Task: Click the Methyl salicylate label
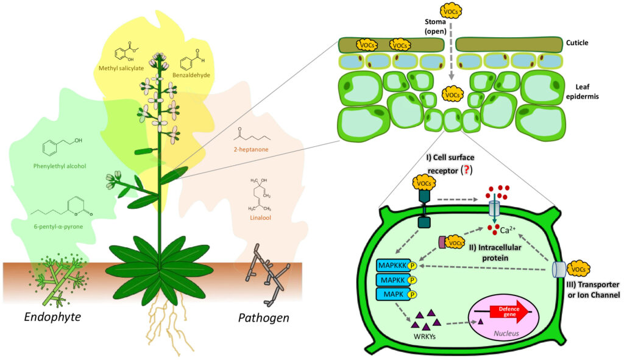(x=121, y=68)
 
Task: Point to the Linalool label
(x=261, y=208)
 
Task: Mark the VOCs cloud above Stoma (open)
(x=452, y=11)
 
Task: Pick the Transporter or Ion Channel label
(x=590, y=289)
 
